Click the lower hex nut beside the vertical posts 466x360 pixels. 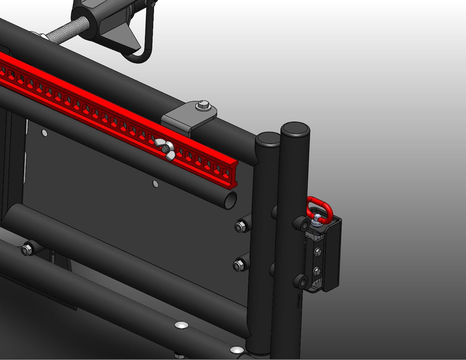click(x=239, y=265)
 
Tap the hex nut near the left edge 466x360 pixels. click(x=28, y=249)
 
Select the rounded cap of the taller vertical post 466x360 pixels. click(x=295, y=128)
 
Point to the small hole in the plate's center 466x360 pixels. click(x=155, y=185)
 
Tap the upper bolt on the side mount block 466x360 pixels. click(x=318, y=251)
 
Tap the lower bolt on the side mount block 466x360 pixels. click(x=317, y=271)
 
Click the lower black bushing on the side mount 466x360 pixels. click(x=301, y=282)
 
